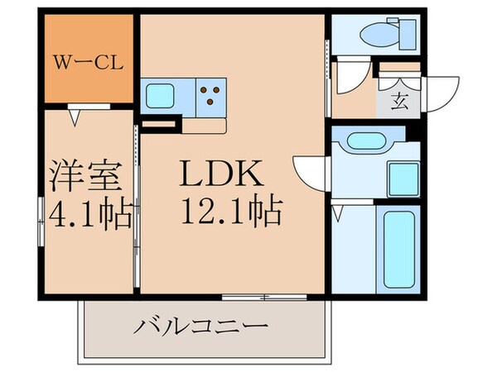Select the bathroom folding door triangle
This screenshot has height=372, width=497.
click(340, 210)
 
